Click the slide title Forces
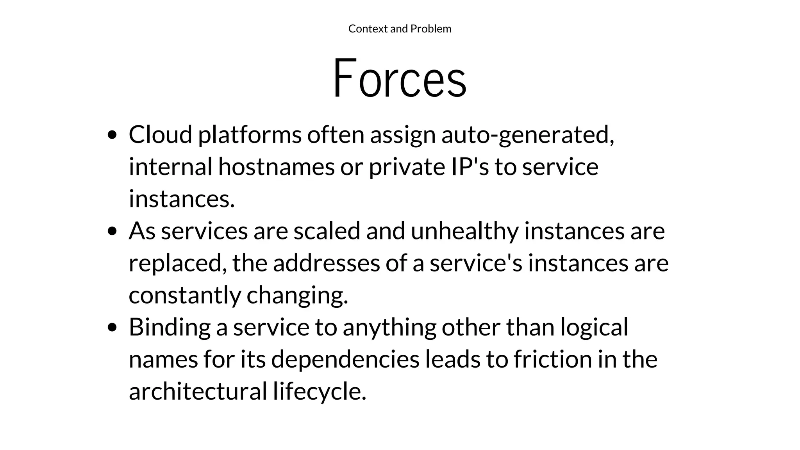[x=399, y=78]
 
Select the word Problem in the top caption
[x=431, y=29]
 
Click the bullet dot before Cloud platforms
[x=112, y=135]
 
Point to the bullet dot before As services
[x=112, y=231]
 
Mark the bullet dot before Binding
[x=112, y=327]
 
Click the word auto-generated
[x=527, y=135]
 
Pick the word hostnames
[x=276, y=167]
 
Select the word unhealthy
[x=464, y=231]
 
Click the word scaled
[x=327, y=230]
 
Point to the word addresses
[x=326, y=263]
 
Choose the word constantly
[x=185, y=295]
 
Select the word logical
[x=594, y=327]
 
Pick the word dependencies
[x=345, y=359]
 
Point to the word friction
[x=552, y=359]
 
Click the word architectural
[x=198, y=391]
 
